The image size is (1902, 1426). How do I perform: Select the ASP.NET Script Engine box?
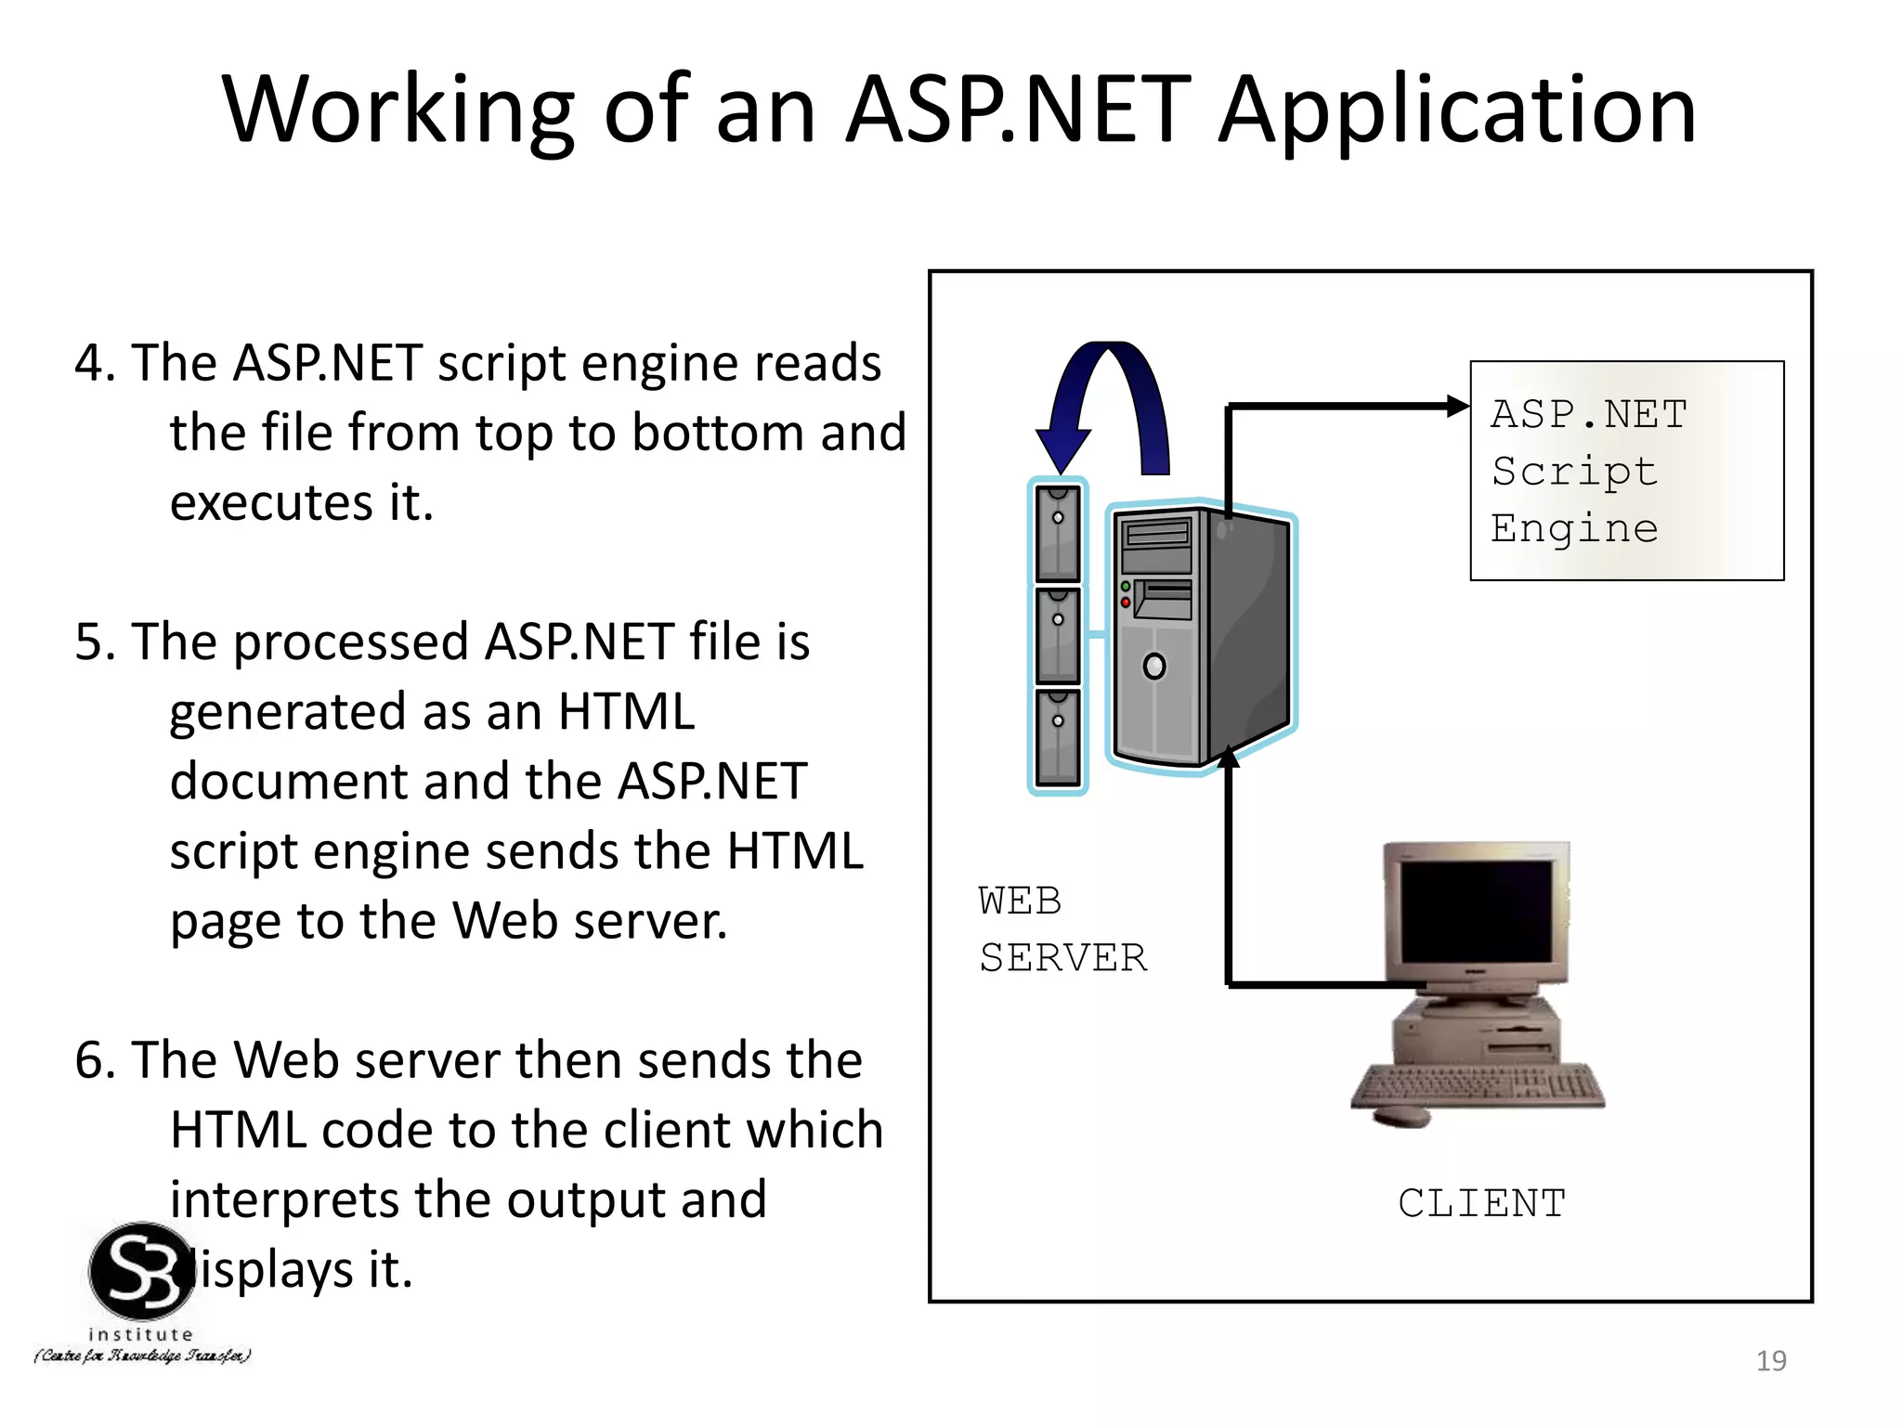click(x=1626, y=471)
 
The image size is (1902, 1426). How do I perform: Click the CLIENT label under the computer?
click(x=1481, y=1204)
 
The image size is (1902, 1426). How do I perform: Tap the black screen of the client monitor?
click(x=1476, y=911)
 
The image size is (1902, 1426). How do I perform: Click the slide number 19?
click(x=1771, y=1361)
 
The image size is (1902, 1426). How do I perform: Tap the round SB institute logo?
click(x=141, y=1272)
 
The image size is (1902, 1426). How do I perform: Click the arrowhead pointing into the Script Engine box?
click(x=1457, y=406)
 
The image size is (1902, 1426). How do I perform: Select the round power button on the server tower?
click(x=1154, y=667)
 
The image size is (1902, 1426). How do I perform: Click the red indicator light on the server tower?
click(x=1126, y=603)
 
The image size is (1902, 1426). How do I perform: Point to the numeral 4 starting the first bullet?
click(x=89, y=363)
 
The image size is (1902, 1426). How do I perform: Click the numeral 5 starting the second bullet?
click(x=89, y=642)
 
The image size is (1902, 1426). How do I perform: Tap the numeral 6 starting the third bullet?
click(x=89, y=1061)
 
